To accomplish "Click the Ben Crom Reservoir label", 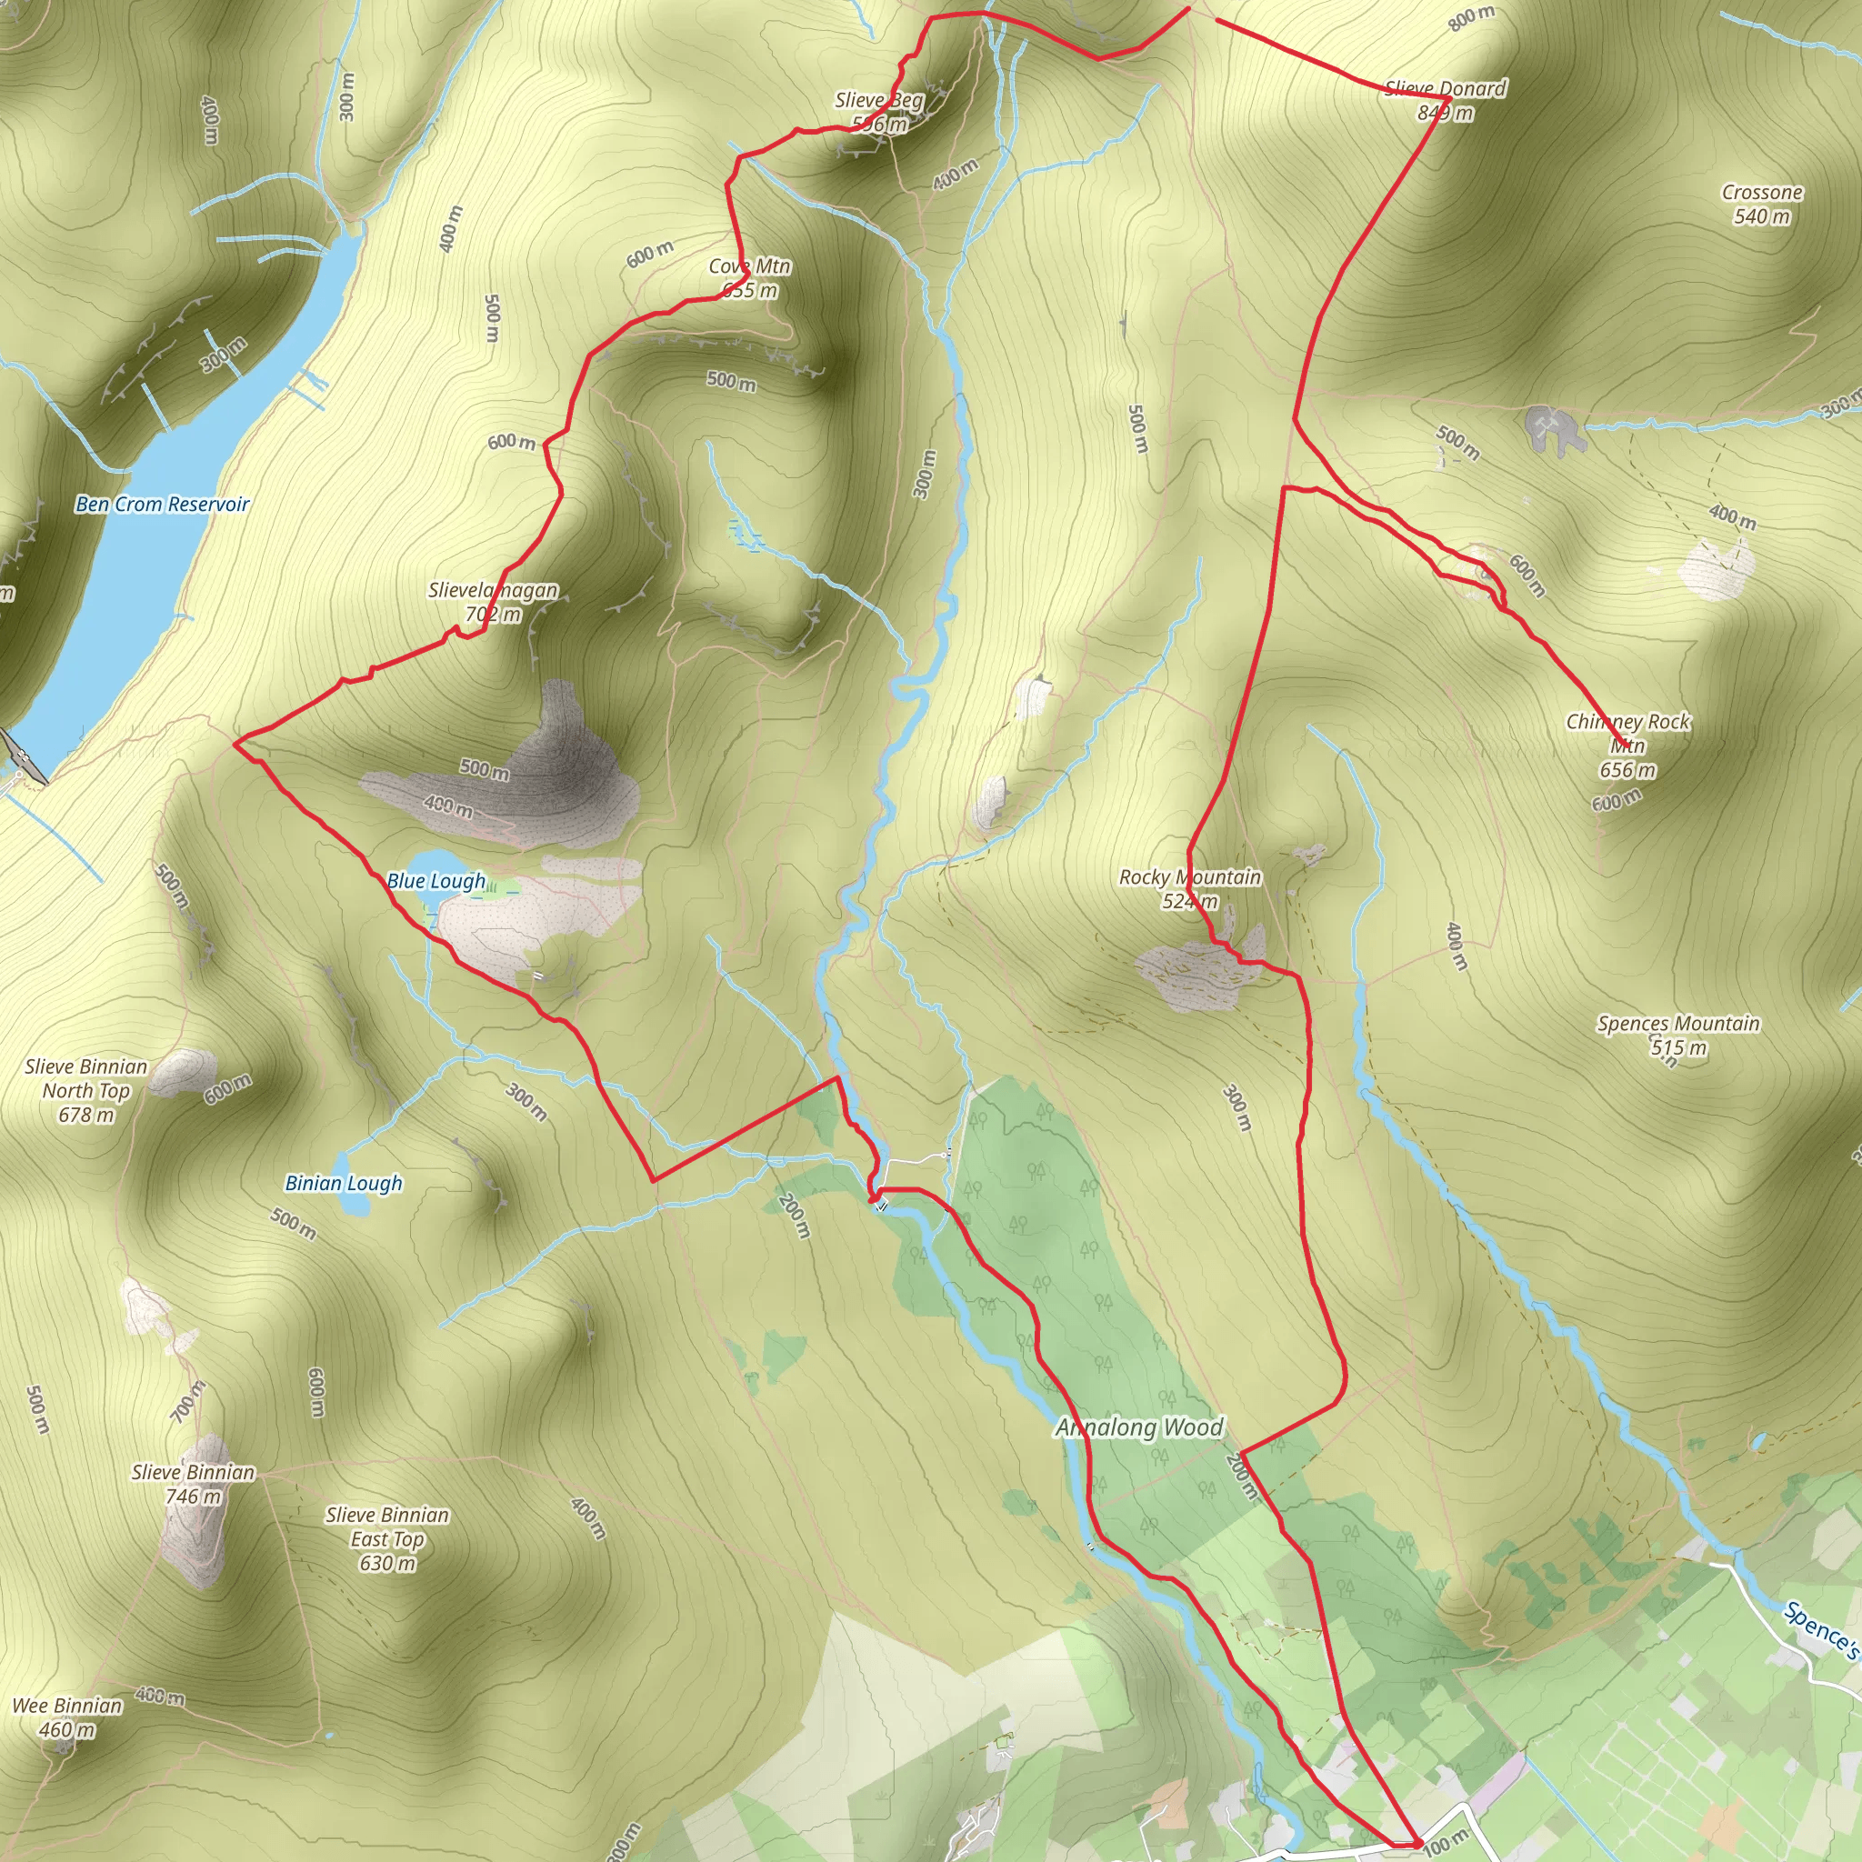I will click(x=162, y=504).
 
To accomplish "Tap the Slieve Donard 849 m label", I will click(x=1445, y=100).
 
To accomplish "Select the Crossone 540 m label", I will click(x=1762, y=205).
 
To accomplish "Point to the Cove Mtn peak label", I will click(x=750, y=277).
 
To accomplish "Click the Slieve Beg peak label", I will click(x=879, y=112).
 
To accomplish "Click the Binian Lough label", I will click(x=343, y=1184).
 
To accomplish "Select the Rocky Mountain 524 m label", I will click(x=1189, y=888).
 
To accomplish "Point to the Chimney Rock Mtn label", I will click(x=1627, y=744).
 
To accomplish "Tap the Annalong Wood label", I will click(x=1139, y=1427).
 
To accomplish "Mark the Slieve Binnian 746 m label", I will click(x=194, y=1484).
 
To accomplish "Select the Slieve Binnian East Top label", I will click(x=387, y=1539).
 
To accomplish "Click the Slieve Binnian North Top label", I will click(x=86, y=1090).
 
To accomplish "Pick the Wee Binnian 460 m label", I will click(x=67, y=1717).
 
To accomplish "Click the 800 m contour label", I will click(x=1472, y=17).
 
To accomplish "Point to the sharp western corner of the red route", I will click(x=236, y=743).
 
